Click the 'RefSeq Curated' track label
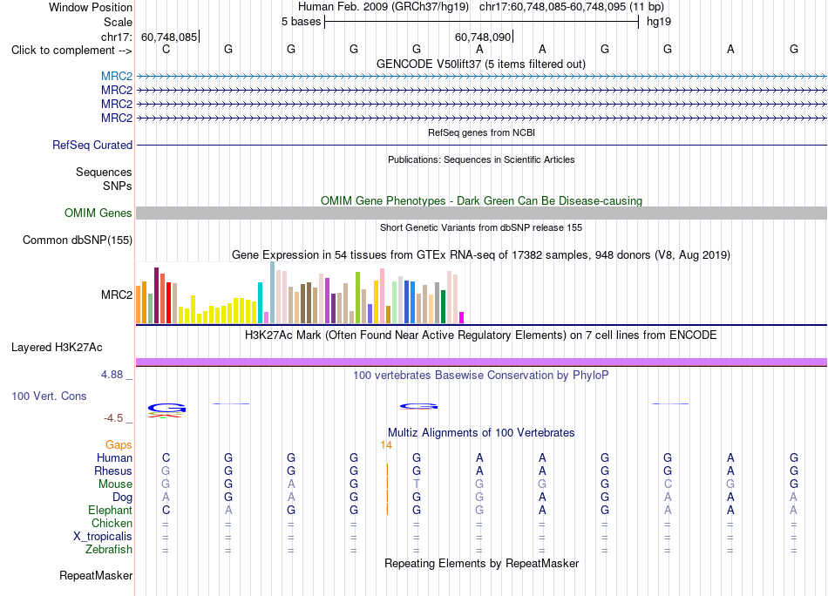[x=92, y=146]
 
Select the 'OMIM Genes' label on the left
[x=98, y=213]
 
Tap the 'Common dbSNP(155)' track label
[x=78, y=240]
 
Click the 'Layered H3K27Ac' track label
[x=57, y=348]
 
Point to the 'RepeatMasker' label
[x=96, y=575]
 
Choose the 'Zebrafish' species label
[x=109, y=550]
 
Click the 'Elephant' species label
[x=111, y=511]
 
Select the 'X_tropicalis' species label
[x=103, y=537]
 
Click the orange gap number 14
[x=386, y=445]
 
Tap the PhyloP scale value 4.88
[x=112, y=375]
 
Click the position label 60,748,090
[x=483, y=37]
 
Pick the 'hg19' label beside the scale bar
[x=659, y=22]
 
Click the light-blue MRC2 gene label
[x=117, y=77]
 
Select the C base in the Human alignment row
[x=166, y=457]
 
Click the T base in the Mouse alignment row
[x=417, y=484]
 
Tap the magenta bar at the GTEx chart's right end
[x=462, y=317]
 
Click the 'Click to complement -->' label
[x=71, y=51]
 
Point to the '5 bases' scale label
[x=301, y=22]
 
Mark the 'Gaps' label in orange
[x=119, y=445]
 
